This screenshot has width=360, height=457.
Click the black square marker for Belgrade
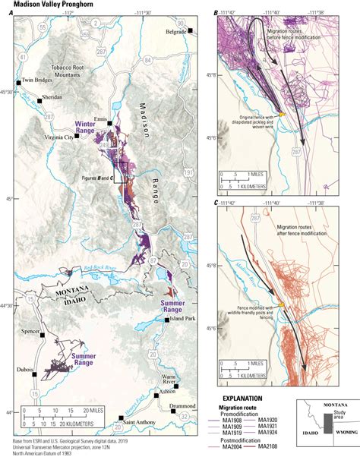(192, 31)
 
